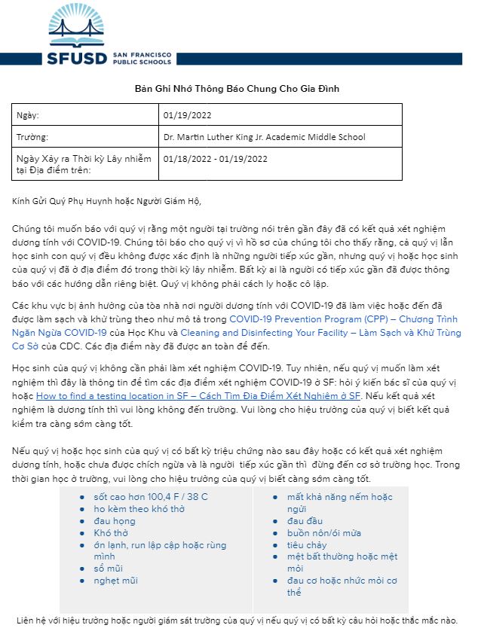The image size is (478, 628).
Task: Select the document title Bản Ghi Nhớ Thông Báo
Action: [237, 89]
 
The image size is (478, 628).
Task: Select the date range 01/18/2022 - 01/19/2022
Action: [215, 159]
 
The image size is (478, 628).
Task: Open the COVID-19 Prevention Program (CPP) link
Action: [343, 319]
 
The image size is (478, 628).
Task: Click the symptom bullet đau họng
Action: [115, 521]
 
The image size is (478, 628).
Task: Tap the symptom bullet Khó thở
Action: [110, 533]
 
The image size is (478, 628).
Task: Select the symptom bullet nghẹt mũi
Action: [115, 581]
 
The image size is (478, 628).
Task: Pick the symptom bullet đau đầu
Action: [305, 521]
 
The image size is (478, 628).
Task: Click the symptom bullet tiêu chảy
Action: [306, 545]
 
